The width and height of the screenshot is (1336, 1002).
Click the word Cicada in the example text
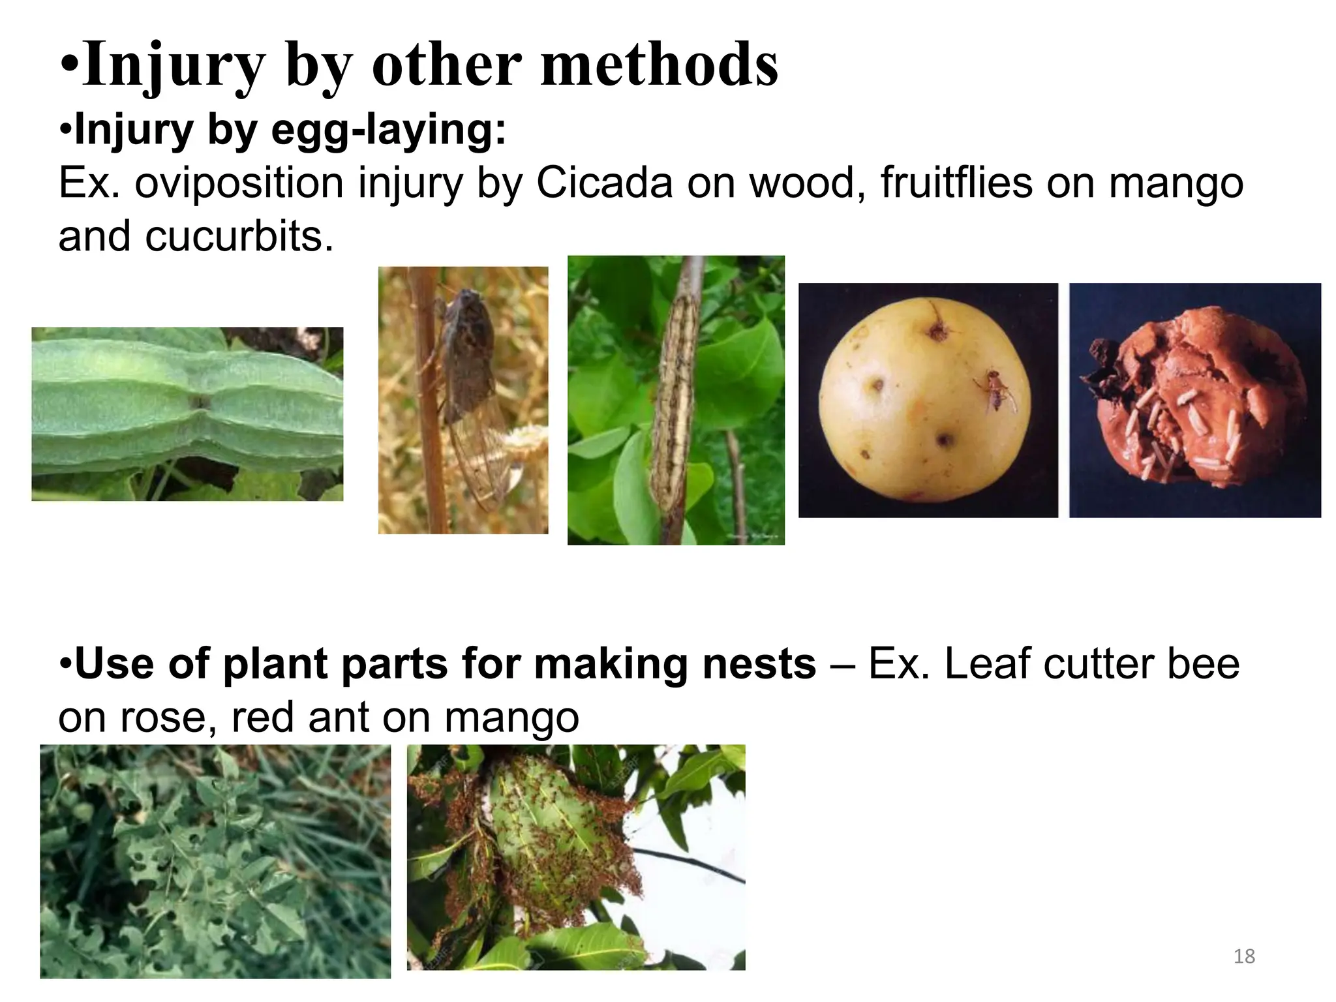click(x=604, y=183)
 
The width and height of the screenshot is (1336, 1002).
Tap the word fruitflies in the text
click(x=956, y=183)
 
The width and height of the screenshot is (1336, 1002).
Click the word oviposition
click(x=239, y=183)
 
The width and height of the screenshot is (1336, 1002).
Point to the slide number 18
click(x=1245, y=956)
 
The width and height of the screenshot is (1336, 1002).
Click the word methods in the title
click(x=660, y=65)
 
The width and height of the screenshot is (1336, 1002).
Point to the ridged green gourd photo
click(x=187, y=414)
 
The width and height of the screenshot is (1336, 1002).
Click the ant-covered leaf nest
click(x=554, y=842)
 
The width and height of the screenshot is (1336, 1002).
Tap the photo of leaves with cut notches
click(x=215, y=861)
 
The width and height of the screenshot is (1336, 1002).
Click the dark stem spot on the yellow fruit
click(x=938, y=331)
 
